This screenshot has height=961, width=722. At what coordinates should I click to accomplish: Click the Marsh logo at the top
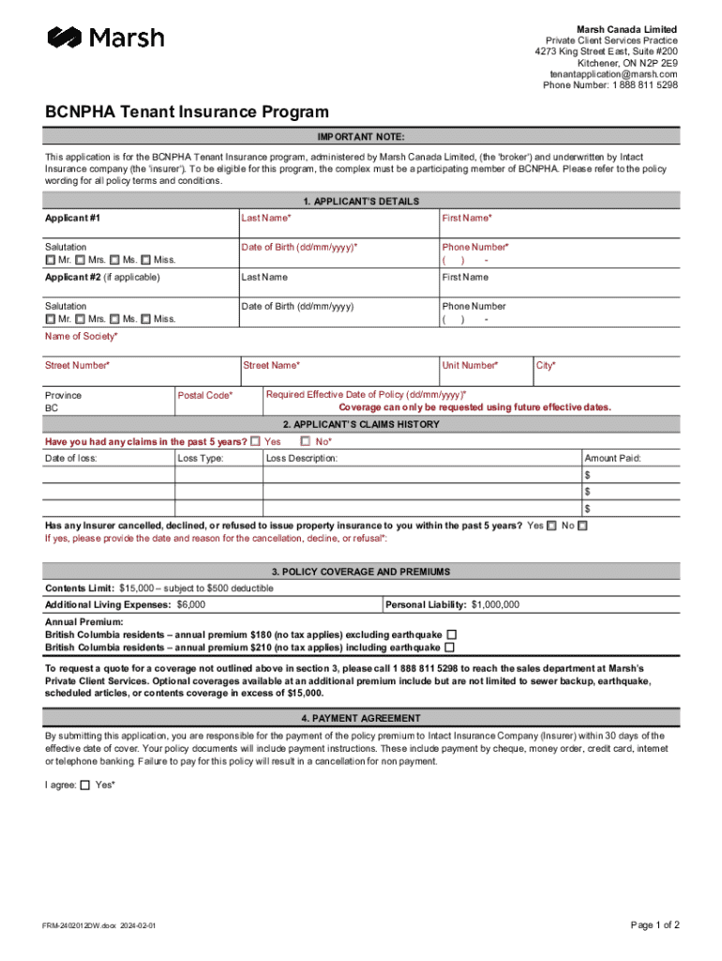tap(105, 38)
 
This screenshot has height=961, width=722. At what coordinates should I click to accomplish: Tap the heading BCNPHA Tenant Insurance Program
tap(188, 112)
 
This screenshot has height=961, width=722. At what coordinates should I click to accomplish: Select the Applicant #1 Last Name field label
tap(265, 218)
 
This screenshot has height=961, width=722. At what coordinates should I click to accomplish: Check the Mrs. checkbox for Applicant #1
tap(81, 260)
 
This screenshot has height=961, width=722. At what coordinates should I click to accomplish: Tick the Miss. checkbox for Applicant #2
tap(145, 319)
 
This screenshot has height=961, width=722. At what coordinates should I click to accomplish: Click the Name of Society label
tap(82, 336)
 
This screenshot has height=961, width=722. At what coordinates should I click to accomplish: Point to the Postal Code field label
tap(205, 395)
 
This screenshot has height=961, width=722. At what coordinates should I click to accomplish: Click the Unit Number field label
tap(470, 365)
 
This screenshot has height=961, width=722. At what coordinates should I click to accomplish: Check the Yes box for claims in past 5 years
tap(255, 441)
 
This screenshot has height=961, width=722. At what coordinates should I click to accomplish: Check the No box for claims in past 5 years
tap(306, 441)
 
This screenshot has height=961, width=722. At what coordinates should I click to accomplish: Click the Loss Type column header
tap(201, 458)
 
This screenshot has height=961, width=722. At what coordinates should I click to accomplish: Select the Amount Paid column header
tap(613, 458)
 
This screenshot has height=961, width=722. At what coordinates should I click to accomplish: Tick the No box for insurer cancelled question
tap(582, 526)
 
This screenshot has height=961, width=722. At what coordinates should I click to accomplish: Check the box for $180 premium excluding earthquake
tap(452, 634)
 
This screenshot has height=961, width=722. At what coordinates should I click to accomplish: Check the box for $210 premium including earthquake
tap(450, 648)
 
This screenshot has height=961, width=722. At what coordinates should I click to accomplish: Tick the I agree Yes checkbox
tap(85, 785)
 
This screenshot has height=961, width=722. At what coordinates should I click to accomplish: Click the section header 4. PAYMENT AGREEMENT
tap(361, 718)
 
